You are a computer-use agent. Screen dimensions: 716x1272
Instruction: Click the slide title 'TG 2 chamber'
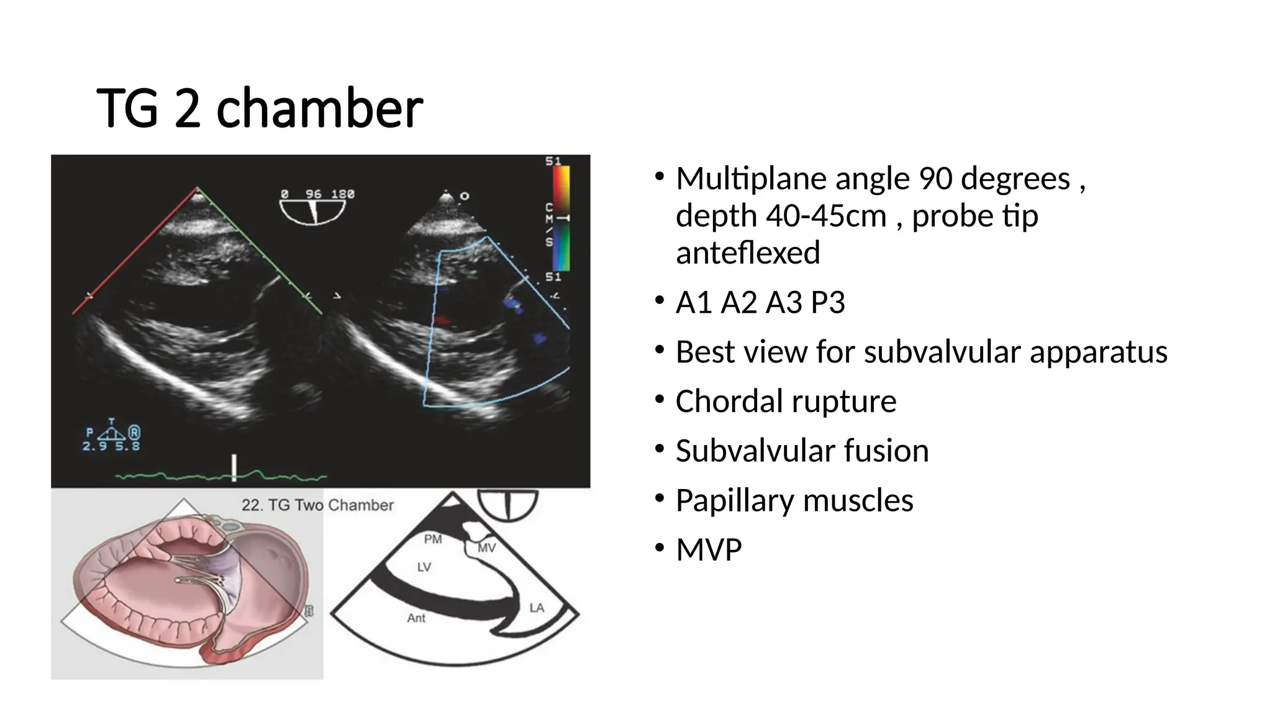point(260,108)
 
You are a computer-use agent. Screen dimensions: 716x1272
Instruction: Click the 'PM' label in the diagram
point(433,539)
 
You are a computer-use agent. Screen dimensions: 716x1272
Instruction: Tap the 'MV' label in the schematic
point(487,548)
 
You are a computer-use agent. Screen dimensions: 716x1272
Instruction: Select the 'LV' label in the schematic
point(424,567)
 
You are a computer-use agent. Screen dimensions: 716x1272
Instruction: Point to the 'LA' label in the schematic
point(537,607)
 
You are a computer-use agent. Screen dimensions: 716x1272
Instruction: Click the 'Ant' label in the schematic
point(416,618)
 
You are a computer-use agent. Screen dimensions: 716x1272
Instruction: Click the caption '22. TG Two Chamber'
point(317,505)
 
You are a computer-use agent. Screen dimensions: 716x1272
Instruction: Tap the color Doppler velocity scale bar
point(561,218)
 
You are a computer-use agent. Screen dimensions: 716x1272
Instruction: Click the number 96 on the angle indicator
point(313,194)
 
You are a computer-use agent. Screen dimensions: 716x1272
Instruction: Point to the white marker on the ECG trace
point(234,467)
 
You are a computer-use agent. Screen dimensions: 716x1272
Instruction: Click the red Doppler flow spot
point(442,319)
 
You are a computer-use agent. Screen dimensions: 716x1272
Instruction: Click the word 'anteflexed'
point(748,253)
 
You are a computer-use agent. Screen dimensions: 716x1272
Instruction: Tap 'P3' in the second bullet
point(828,303)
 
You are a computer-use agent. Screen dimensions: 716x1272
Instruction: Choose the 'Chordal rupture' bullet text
point(786,402)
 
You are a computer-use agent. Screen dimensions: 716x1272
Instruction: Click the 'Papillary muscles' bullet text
point(794,500)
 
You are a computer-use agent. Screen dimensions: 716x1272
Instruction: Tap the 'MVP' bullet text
point(709,550)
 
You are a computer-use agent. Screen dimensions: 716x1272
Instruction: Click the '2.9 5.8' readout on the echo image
point(111,446)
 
